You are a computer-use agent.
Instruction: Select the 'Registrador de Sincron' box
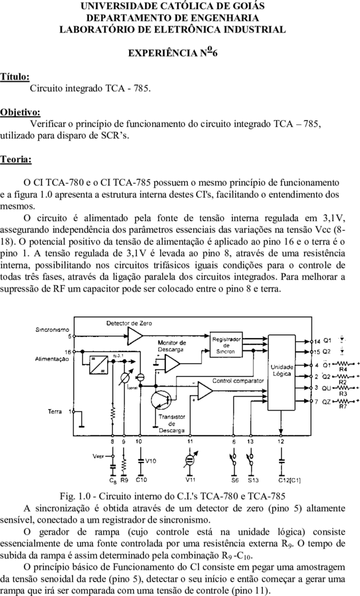pyautogui.click(x=227, y=345)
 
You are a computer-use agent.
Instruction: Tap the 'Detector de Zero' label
pyautogui.click(x=129, y=323)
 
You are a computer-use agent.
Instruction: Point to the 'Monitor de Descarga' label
pyautogui.click(x=171, y=346)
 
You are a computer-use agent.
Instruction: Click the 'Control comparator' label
pyautogui.click(x=238, y=380)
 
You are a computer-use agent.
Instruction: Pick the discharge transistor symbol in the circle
pyautogui.click(x=161, y=401)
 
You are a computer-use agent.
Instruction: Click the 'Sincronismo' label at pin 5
pyautogui.click(x=53, y=330)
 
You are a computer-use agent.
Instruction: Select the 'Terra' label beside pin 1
pyautogui.click(x=54, y=411)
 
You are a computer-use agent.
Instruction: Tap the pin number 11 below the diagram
pyautogui.click(x=190, y=441)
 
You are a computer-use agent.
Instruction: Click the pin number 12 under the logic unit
pyautogui.click(x=280, y=441)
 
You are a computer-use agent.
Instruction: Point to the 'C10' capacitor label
pyautogui.click(x=141, y=480)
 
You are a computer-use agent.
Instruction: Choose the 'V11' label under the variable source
pyautogui.click(x=190, y=480)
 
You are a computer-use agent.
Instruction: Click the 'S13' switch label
pyautogui.click(x=253, y=480)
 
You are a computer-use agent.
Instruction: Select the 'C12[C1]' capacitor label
pyautogui.click(x=290, y=480)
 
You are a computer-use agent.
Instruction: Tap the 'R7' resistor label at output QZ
pyautogui.click(x=343, y=406)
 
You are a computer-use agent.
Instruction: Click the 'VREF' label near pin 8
pyautogui.click(x=98, y=456)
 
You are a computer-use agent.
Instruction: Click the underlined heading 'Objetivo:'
pyautogui.click(x=20, y=112)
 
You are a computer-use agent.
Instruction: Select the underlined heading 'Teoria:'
pyautogui.click(x=16, y=159)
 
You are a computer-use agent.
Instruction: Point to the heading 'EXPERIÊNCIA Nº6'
pyautogui.click(x=173, y=52)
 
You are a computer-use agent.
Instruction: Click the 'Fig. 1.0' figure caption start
pyautogui.click(x=72, y=496)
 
